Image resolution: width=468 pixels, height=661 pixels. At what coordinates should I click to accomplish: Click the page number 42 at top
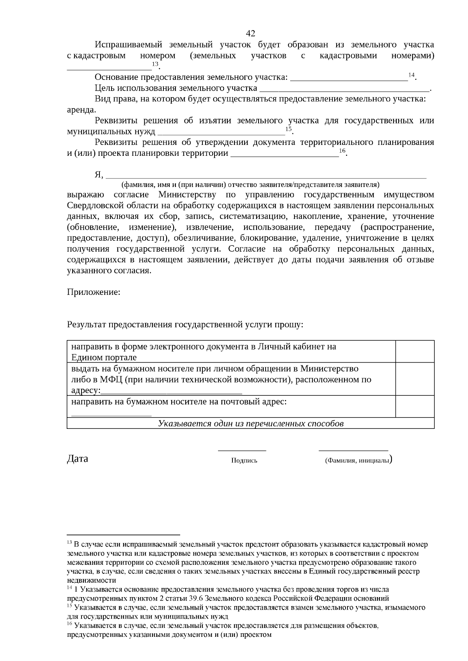click(x=251, y=33)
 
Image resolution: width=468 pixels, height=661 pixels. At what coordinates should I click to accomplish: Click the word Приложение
click(x=93, y=292)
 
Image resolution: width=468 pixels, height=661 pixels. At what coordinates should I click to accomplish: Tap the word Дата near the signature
click(x=78, y=458)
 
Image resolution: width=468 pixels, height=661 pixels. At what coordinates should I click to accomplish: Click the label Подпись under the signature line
click(x=244, y=460)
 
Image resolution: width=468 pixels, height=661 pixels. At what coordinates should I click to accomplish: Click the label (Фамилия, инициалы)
click(x=357, y=460)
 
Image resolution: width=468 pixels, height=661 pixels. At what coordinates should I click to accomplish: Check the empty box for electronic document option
click(x=415, y=351)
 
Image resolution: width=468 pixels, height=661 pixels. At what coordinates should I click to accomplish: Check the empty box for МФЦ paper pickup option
click(x=415, y=379)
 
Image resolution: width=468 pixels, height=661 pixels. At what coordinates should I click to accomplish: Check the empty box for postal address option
click(x=415, y=406)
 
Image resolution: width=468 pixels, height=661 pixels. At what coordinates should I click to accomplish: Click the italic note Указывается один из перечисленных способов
click(x=250, y=423)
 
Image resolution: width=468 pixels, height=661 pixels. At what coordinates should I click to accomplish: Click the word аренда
click(x=80, y=110)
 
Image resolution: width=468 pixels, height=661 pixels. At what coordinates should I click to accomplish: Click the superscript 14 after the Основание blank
click(x=411, y=74)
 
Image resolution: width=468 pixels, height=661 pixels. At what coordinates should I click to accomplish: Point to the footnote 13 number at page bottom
click(x=69, y=542)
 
